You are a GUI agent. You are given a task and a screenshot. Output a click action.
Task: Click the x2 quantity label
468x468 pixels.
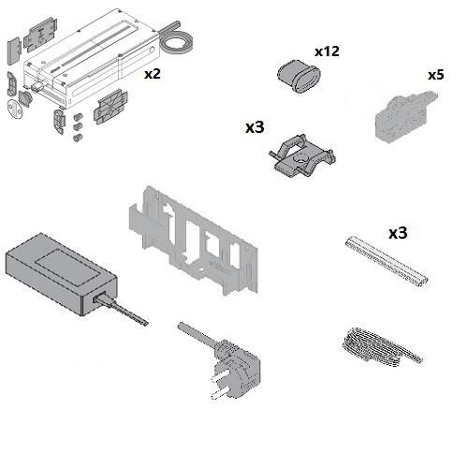(x=153, y=74)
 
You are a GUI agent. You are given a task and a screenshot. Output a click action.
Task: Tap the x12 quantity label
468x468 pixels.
(x=327, y=51)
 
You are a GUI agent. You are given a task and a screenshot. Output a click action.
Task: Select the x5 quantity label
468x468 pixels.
(x=436, y=75)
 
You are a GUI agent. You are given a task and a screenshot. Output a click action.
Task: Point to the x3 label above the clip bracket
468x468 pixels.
(x=255, y=127)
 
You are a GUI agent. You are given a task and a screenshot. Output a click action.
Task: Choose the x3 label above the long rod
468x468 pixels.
(x=398, y=233)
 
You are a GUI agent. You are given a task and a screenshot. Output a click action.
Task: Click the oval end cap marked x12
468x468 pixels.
(x=300, y=76)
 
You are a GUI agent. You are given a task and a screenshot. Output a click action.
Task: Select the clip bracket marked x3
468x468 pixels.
(x=301, y=155)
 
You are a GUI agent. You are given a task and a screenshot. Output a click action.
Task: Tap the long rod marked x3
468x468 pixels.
(x=387, y=261)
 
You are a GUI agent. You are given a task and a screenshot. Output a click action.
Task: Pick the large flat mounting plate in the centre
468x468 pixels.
(x=194, y=241)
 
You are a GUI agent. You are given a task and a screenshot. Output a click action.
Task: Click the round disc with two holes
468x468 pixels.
(x=15, y=109)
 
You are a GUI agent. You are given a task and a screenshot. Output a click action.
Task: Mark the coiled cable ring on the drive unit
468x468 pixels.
(x=176, y=45)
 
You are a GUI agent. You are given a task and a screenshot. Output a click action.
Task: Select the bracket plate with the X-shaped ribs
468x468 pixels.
(x=110, y=107)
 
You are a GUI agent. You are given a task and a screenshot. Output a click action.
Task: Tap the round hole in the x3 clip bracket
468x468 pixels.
(x=300, y=157)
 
